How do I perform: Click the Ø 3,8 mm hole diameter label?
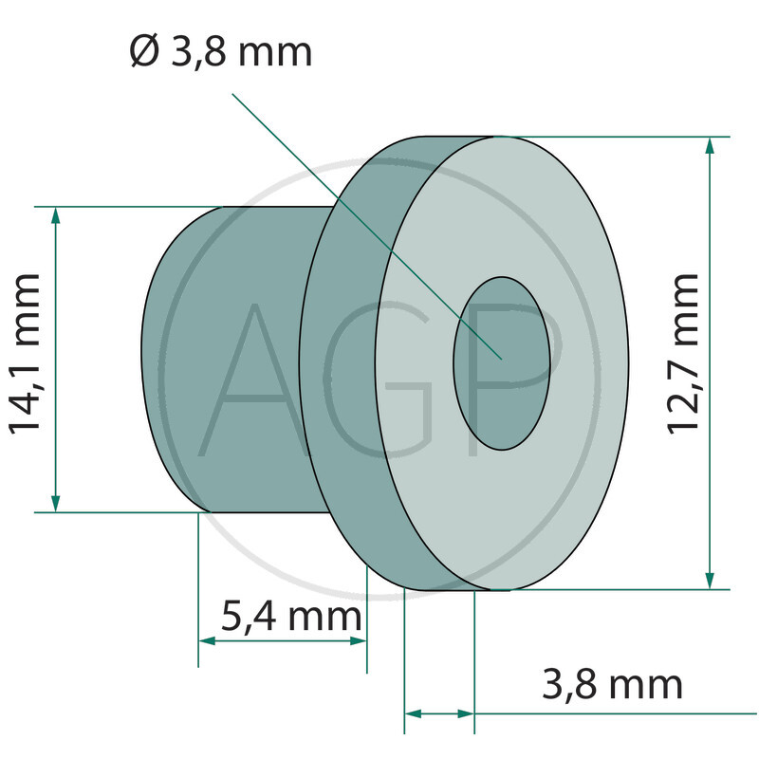point(220,52)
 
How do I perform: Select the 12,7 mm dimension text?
point(683,353)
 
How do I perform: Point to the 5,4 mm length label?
point(290,617)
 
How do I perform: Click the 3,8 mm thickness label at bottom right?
point(612,684)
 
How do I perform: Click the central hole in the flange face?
point(502,362)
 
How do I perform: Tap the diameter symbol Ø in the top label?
point(147,52)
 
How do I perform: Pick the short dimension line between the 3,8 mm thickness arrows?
point(439,713)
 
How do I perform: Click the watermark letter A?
point(251,379)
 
